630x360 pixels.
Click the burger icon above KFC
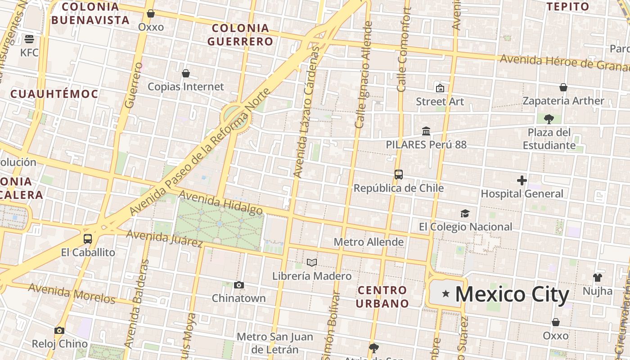click(x=29, y=39)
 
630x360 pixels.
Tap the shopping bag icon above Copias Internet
click(x=185, y=73)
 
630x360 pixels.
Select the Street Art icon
click(x=440, y=88)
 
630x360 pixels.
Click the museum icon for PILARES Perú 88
click(x=426, y=131)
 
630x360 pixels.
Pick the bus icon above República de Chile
click(x=398, y=175)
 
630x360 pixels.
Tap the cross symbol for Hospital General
click(x=522, y=180)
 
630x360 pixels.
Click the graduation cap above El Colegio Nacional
click(x=465, y=213)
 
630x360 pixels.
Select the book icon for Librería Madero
click(x=311, y=262)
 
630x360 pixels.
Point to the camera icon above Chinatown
click(x=239, y=285)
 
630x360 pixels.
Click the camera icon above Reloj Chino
click(x=59, y=331)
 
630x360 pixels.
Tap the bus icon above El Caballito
click(x=88, y=239)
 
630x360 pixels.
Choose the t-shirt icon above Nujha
click(x=597, y=277)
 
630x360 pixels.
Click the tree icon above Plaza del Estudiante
click(x=549, y=119)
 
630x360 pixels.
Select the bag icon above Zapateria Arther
click(x=563, y=87)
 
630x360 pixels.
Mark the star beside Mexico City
click(x=446, y=294)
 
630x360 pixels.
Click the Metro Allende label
click(x=369, y=242)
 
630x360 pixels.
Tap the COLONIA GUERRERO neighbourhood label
click(x=240, y=35)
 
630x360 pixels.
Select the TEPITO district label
click(x=567, y=6)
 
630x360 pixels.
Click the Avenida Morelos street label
click(x=72, y=293)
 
